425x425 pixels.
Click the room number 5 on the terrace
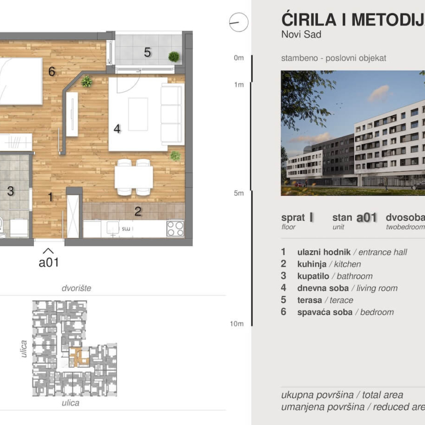click(x=147, y=52)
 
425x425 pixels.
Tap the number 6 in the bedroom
click(x=52, y=71)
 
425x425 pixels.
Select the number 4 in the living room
click(x=117, y=129)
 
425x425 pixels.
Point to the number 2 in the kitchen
click(x=138, y=211)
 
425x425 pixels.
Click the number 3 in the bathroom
click(x=10, y=191)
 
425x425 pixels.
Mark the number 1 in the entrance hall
click(x=51, y=197)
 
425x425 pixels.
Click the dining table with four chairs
click(x=133, y=177)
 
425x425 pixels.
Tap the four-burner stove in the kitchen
click(x=175, y=228)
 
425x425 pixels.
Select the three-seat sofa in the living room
click(x=172, y=114)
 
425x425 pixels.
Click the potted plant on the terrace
click(x=174, y=56)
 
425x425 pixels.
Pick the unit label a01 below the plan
click(x=48, y=263)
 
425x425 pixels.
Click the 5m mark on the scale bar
click(x=239, y=193)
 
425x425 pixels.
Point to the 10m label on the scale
click(x=237, y=324)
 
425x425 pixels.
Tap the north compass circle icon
click(x=239, y=22)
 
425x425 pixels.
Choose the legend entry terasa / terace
click(x=325, y=300)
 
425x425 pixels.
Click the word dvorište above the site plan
click(x=76, y=288)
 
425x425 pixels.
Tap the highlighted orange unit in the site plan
click(x=79, y=356)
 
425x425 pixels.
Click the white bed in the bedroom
click(x=21, y=81)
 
